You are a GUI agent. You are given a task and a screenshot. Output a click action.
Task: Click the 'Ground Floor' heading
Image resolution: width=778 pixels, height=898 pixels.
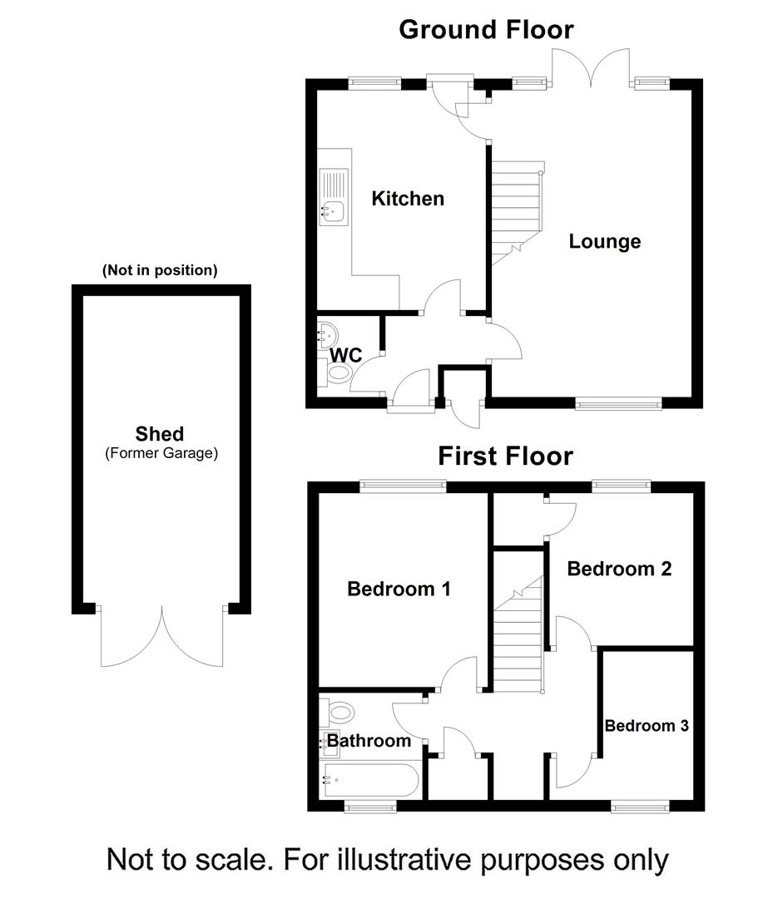pyautogui.click(x=486, y=29)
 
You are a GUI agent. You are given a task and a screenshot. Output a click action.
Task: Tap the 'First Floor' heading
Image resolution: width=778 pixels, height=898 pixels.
pyautogui.click(x=506, y=456)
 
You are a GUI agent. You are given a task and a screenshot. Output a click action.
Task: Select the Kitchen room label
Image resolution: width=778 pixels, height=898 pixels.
pyautogui.click(x=408, y=199)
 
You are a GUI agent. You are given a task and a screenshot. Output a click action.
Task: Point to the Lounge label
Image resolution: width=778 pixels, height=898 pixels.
pyautogui.click(x=605, y=241)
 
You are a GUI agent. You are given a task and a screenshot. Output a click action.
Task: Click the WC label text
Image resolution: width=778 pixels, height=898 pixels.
pyautogui.click(x=346, y=355)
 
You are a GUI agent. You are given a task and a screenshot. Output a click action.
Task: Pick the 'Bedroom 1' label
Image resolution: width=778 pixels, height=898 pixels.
pyautogui.click(x=399, y=589)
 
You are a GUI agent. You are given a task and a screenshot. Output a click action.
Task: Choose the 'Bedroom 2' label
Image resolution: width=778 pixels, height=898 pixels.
pyautogui.click(x=619, y=569)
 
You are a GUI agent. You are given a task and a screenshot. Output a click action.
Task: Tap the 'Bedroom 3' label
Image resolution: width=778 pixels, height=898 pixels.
pyautogui.click(x=647, y=725)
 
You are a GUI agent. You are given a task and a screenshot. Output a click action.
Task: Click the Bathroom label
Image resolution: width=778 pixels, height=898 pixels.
pyautogui.click(x=369, y=740)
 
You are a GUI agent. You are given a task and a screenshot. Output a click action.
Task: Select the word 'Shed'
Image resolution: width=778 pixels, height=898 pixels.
pyautogui.click(x=160, y=433)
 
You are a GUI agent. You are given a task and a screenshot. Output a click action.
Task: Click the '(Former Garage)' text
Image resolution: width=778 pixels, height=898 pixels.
pyautogui.click(x=161, y=453)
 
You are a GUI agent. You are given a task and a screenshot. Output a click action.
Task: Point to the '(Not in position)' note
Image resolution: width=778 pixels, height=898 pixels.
pyautogui.click(x=160, y=270)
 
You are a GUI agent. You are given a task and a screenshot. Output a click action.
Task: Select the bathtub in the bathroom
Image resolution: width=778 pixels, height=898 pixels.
pyautogui.click(x=370, y=781)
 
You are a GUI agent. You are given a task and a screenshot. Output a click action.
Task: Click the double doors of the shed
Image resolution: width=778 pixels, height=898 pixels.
pyautogui.click(x=162, y=636)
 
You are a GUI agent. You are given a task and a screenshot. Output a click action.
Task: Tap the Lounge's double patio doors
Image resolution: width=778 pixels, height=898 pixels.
pyautogui.click(x=592, y=67)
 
